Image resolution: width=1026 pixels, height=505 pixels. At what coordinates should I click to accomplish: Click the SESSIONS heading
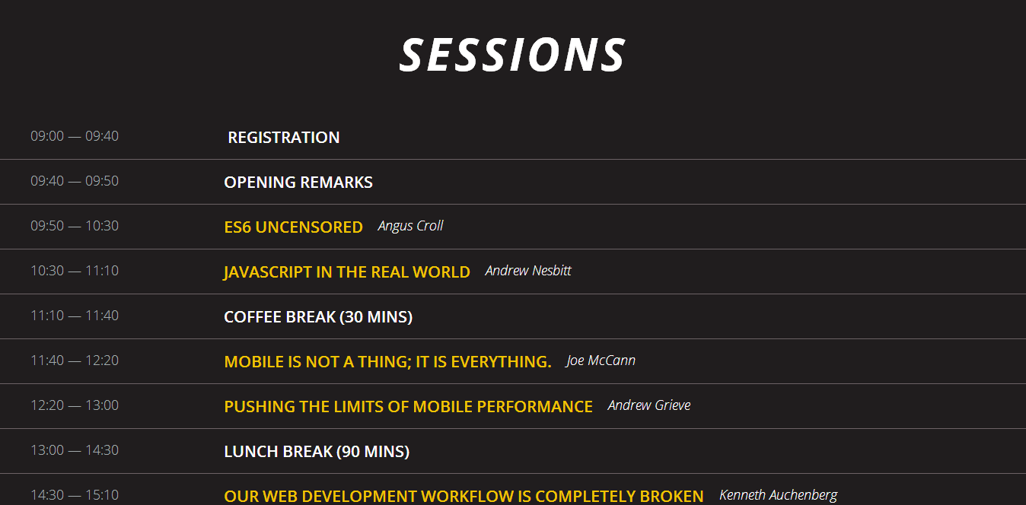click(512, 55)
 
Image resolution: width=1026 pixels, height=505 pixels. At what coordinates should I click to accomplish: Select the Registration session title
click(284, 138)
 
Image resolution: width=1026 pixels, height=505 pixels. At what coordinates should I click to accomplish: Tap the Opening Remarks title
click(298, 183)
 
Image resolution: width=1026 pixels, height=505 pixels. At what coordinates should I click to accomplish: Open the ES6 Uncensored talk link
click(293, 227)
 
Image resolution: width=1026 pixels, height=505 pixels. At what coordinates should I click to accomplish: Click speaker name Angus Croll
click(410, 226)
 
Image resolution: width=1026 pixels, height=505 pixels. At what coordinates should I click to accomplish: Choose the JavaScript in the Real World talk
click(347, 272)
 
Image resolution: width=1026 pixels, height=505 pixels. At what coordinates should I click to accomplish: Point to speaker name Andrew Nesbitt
click(528, 271)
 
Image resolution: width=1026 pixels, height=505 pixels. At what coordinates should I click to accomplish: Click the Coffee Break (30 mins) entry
click(318, 317)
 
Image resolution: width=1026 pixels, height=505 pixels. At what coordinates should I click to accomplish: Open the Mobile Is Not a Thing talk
click(387, 362)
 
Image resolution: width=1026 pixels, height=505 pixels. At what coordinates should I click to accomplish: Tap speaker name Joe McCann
click(601, 360)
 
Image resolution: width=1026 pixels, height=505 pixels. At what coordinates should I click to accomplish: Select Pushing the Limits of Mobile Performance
click(408, 407)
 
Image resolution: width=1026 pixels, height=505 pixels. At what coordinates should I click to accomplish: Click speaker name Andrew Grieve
click(648, 405)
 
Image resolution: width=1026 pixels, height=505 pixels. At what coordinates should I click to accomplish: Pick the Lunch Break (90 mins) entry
click(317, 452)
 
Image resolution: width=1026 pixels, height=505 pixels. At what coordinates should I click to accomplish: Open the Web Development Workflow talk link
click(464, 496)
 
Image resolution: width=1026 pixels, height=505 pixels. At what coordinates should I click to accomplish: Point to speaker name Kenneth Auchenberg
click(778, 495)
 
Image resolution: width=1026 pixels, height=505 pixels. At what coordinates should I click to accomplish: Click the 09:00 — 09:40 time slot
click(75, 136)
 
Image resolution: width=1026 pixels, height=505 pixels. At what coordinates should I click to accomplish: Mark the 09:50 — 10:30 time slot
click(75, 226)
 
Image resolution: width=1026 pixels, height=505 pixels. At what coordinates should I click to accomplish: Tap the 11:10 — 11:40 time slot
click(75, 316)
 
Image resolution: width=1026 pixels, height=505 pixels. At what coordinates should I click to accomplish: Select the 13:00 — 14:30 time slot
click(75, 450)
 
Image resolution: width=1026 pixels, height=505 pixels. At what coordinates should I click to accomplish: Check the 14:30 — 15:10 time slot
click(75, 495)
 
